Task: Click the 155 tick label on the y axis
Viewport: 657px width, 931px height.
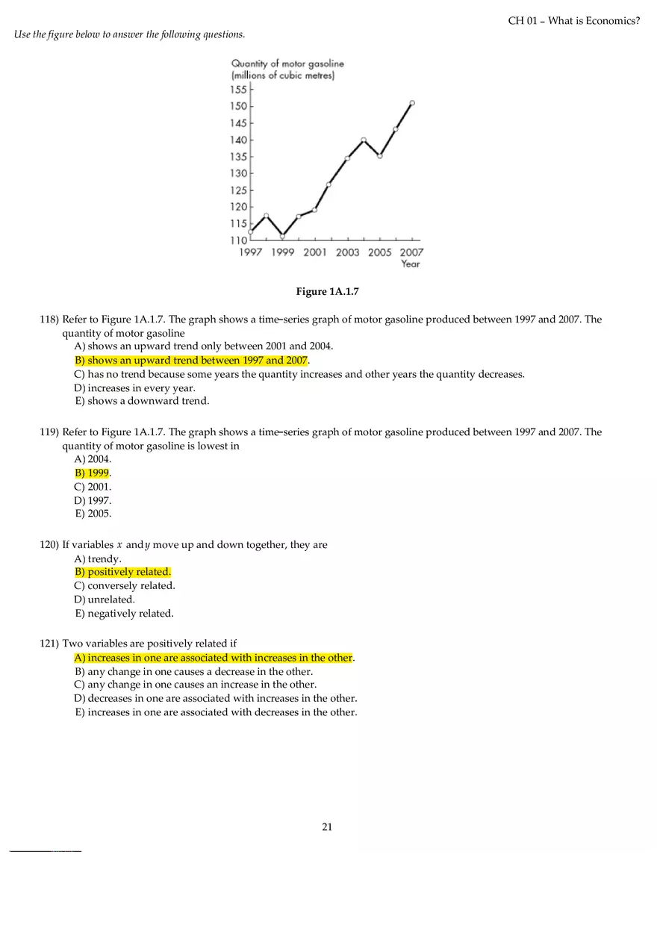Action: (238, 90)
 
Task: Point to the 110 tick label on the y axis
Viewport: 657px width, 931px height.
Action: (238, 240)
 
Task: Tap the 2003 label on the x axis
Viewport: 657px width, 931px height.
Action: (347, 252)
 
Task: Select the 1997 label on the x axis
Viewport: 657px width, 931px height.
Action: (250, 252)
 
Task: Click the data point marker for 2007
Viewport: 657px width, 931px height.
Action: (412, 103)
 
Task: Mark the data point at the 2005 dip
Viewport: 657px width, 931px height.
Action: (380, 156)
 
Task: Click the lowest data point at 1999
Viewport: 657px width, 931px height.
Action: (282, 236)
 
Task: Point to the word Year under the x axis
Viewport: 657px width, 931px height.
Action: (410, 264)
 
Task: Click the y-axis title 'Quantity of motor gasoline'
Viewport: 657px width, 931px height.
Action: (287, 64)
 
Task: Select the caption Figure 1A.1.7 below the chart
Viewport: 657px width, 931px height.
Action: (328, 292)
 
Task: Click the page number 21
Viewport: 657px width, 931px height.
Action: (327, 826)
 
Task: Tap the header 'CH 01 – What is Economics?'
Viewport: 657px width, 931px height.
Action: (573, 21)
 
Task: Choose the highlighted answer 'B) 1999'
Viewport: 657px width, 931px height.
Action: (92, 473)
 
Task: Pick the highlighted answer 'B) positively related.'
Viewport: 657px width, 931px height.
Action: (122, 572)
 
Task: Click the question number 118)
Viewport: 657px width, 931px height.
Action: (49, 320)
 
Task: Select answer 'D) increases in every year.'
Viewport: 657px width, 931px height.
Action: (134, 387)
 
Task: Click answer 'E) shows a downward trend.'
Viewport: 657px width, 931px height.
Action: (142, 401)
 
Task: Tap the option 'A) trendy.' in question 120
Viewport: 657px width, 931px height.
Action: (98, 558)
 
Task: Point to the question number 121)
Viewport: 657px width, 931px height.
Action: (49, 644)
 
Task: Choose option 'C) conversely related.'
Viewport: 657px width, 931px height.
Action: (125, 585)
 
